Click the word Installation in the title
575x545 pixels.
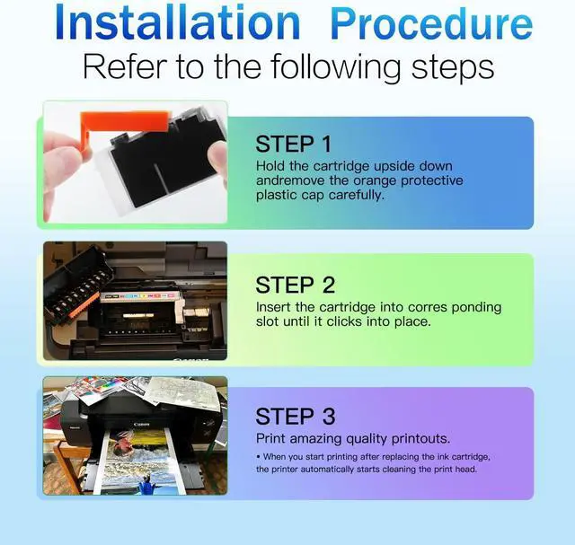pyautogui.click(x=178, y=23)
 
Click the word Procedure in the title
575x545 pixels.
pyautogui.click(x=431, y=24)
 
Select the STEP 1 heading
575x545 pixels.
pyautogui.click(x=294, y=144)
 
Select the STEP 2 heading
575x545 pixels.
pyautogui.click(x=296, y=285)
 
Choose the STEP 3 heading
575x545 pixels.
pyautogui.click(x=296, y=417)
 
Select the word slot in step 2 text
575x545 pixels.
pyautogui.click(x=267, y=321)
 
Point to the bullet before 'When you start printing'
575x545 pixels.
pyautogui.click(x=259, y=457)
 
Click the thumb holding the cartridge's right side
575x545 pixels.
pyautogui.click(x=217, y=158)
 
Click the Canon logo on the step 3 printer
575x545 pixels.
pyautogui.click(x=142, y=425)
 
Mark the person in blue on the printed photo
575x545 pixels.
pyautogui.click(x=147, y=485)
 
